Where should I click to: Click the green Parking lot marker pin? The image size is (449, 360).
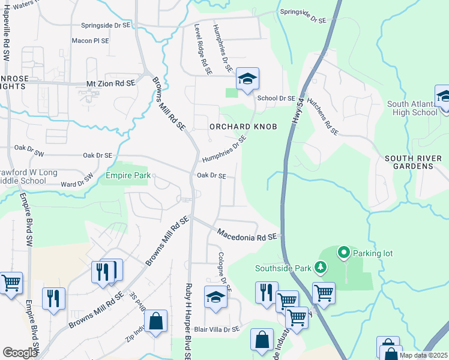(344, 253)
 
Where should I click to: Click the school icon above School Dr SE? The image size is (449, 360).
(247, 79)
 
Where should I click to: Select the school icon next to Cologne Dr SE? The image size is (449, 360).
(216, 297)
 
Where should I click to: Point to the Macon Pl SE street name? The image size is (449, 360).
(90, 41)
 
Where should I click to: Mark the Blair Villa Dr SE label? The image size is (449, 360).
(217, 329)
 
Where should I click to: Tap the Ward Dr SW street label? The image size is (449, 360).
(77, 181)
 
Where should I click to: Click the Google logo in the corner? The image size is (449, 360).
(20, 352)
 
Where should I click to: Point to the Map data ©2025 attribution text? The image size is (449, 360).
(423, 355)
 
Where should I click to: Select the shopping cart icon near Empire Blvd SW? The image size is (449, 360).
(11, 283)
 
